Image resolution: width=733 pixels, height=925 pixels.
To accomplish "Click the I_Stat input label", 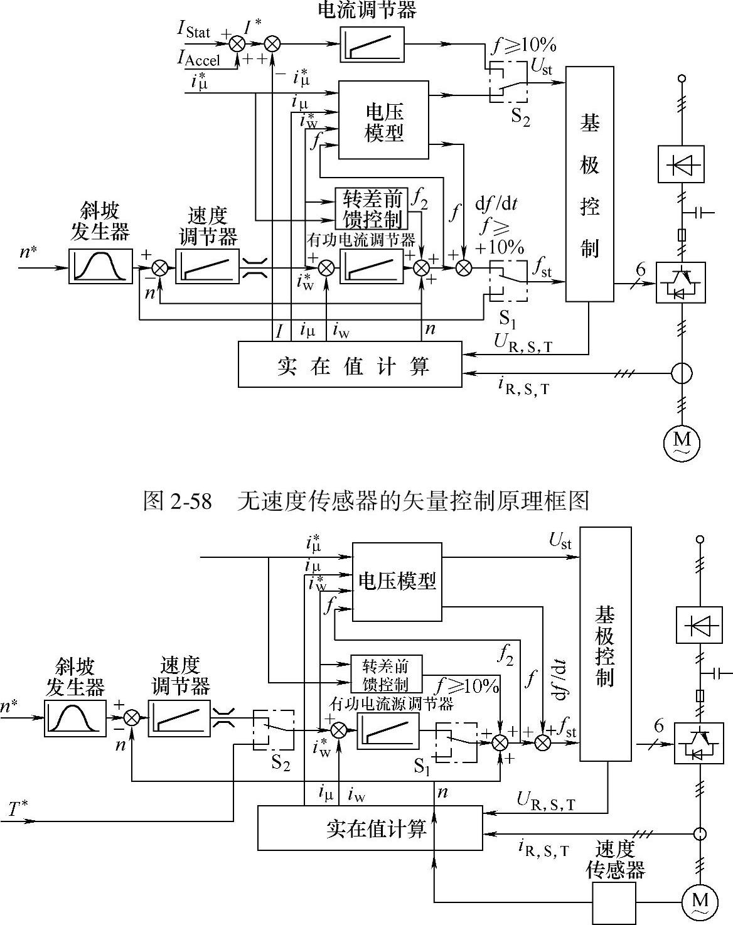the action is pyautogui.click(x=193, y=30).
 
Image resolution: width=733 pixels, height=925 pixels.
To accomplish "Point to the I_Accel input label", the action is pyautogui.click(x=198, y=58).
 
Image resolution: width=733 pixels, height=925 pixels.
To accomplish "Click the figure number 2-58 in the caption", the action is pyautogui.click(x=191, y=501).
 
